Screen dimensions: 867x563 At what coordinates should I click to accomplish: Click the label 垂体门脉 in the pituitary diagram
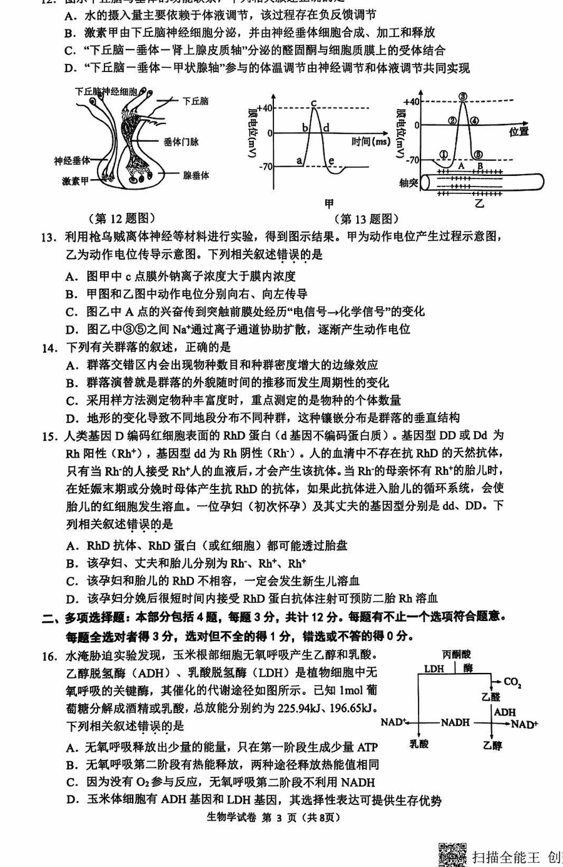pyautogui.click(x=181, y=142)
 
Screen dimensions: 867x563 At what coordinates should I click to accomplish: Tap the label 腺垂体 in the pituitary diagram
pyautogui.click(x=196, y=176)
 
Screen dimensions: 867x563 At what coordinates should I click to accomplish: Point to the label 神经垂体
pyautogui.click(x=72, y=162)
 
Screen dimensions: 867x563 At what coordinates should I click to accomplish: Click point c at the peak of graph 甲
pyautogui.click(x=313, y=103)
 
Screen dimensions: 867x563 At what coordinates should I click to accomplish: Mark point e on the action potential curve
pyautogui.click(x=332, y=162)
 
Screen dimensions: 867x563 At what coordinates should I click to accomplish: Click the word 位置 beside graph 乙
pyautogui.click(x=519, y=131)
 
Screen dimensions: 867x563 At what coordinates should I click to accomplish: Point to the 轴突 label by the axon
pyautogui.click(x=408, y=183)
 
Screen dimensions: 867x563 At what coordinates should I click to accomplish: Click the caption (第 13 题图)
pyautogui.click(x=367, y=218)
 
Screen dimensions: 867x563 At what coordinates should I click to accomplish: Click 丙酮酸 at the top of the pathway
pyautogui.click(x=457, y=654)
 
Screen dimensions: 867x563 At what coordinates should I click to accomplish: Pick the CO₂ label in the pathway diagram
pyautogui.click(x=512, y=682)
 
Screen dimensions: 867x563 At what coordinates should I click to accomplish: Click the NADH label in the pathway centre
pyautogui.click(x=455, y=722)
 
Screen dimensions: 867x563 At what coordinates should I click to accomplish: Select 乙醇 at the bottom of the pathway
pyautogui.click(x=493, y=745)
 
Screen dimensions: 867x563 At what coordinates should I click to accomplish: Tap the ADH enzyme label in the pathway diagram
pyautogui.click(x=504, y=712)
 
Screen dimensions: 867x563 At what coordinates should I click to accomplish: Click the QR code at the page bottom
pyautogui.click(x=452, y=855)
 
